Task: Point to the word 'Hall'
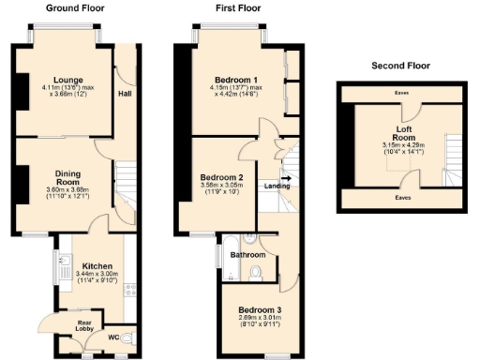point(125,94)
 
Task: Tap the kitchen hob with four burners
point(130,292)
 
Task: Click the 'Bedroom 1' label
point(229,80)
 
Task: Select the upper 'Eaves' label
point(401,93)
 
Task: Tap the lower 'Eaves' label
point(401,199)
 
